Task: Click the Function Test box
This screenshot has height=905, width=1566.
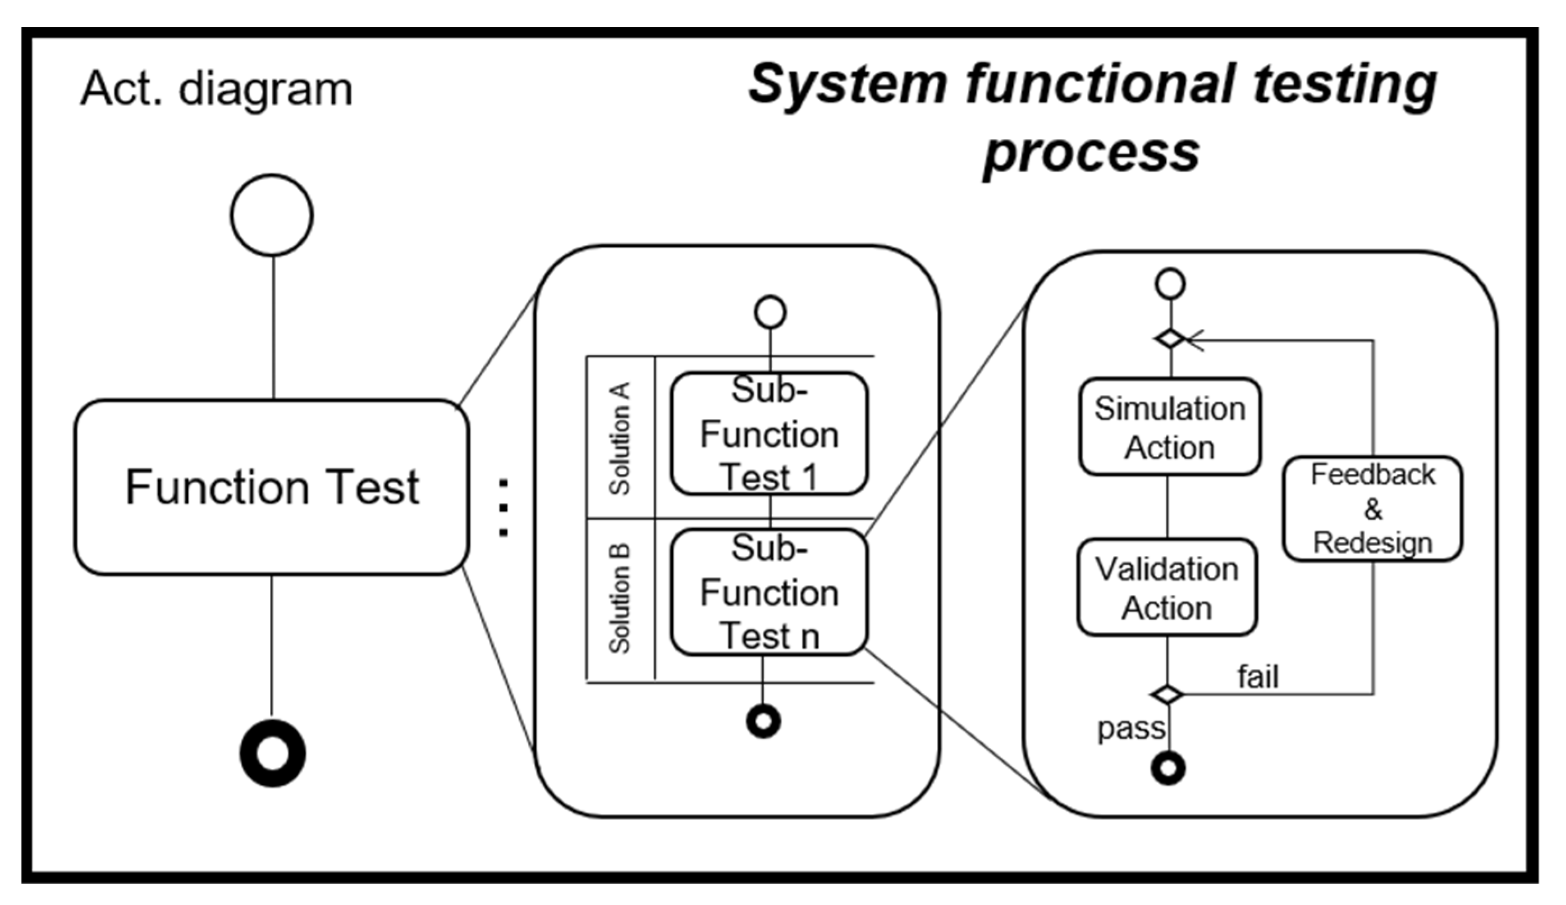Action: point(272,487)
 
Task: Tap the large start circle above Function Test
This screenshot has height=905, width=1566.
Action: point(272,215)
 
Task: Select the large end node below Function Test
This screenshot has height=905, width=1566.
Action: point(273,753)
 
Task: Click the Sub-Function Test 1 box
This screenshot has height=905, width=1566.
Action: point(770,434)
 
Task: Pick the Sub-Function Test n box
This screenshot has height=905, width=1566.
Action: point(770,592)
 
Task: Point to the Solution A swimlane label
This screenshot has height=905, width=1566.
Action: point(620,438)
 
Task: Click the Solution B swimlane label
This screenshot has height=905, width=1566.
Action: point(620,598)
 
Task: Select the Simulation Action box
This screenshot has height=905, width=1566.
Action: point(1170,428)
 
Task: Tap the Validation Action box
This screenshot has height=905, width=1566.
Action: point(1167,587)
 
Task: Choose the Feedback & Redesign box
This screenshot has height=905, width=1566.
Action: point(1372,509)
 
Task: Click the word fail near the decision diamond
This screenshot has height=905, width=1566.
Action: point(1258,677)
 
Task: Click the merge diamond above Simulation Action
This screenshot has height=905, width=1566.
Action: point(1171,339)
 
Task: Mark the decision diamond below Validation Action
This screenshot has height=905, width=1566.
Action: point(1167,694)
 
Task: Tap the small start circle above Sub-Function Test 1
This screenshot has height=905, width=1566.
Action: point(771,312)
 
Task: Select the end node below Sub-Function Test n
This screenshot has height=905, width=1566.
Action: point(764,721)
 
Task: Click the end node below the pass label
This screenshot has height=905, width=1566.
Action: point(1168,769)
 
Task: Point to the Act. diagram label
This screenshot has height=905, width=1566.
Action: point(216,89)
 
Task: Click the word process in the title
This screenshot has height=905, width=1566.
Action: point(1091,152)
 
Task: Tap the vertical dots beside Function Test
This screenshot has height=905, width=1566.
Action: point(504,507)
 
